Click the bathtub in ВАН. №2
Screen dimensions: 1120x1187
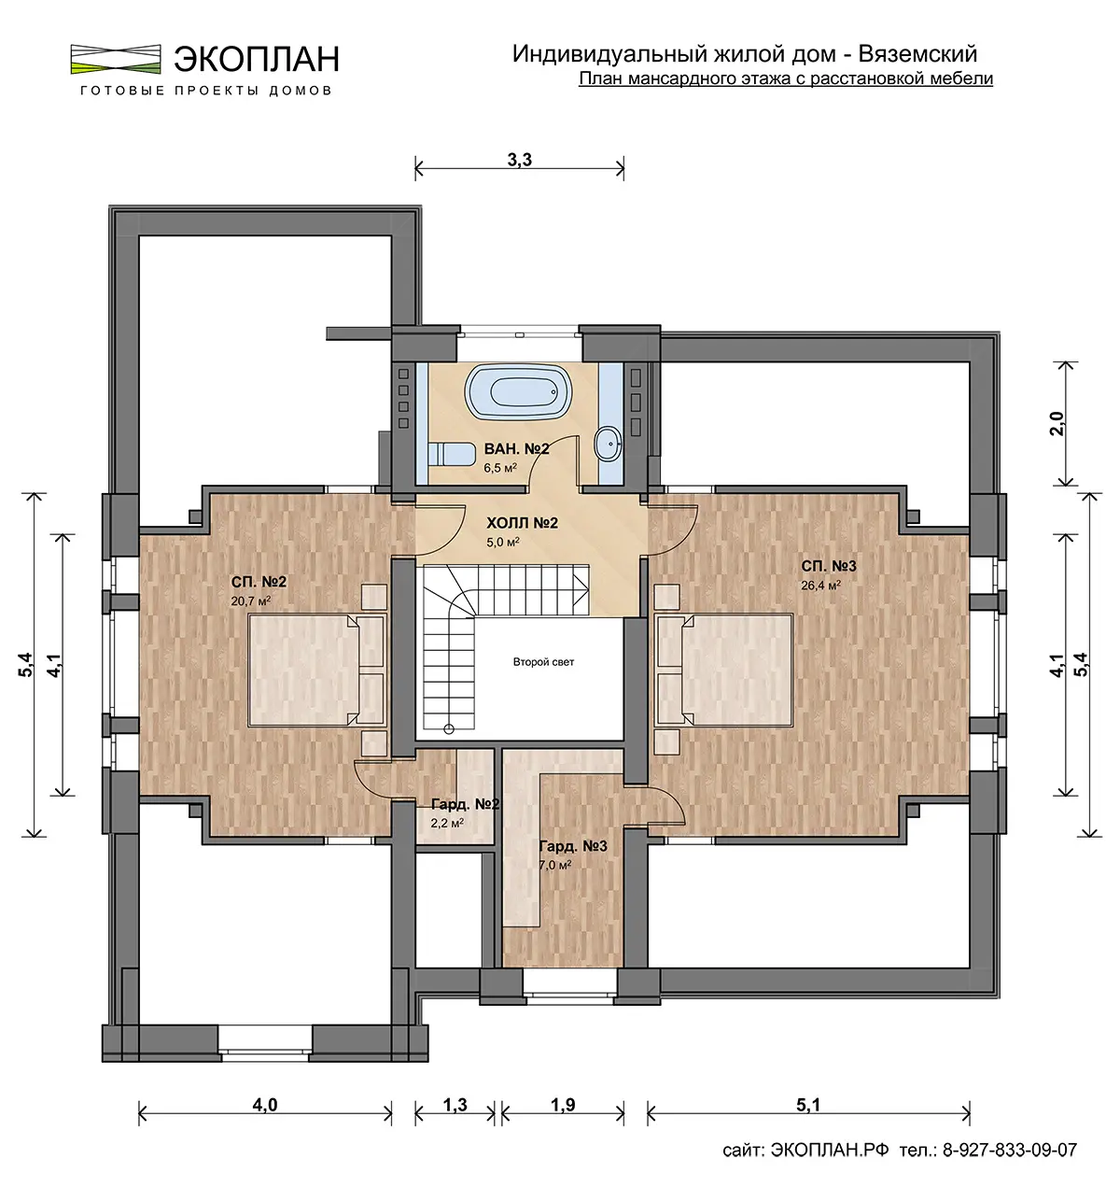click(518, 392)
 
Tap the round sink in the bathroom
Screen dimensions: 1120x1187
click(609, 444)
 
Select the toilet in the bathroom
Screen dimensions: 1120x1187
click(450, 453)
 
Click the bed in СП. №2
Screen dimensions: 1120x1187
click(315, 671)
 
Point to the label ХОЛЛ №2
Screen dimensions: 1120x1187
click(522, 523)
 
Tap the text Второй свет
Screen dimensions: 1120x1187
click(543, 661)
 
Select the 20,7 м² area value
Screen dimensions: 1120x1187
click(250, 601)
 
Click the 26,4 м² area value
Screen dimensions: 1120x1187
click(820, 586)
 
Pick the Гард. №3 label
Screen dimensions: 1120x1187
click(573, 846)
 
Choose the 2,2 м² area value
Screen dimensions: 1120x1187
click(447, 823)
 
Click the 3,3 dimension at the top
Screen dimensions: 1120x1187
click(520, 160)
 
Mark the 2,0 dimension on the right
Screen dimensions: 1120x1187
click(1057, 424)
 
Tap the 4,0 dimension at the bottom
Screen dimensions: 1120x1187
click(265, 1105)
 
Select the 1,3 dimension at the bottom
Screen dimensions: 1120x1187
click(455, 1105)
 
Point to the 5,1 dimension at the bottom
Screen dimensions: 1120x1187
click(808, 1105)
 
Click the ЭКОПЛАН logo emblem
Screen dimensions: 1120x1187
click(116, 59)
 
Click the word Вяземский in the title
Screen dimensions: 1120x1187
click(918, 54)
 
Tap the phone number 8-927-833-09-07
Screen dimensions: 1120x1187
click(1010, 1150)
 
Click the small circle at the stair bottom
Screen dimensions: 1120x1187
click(449, 728)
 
